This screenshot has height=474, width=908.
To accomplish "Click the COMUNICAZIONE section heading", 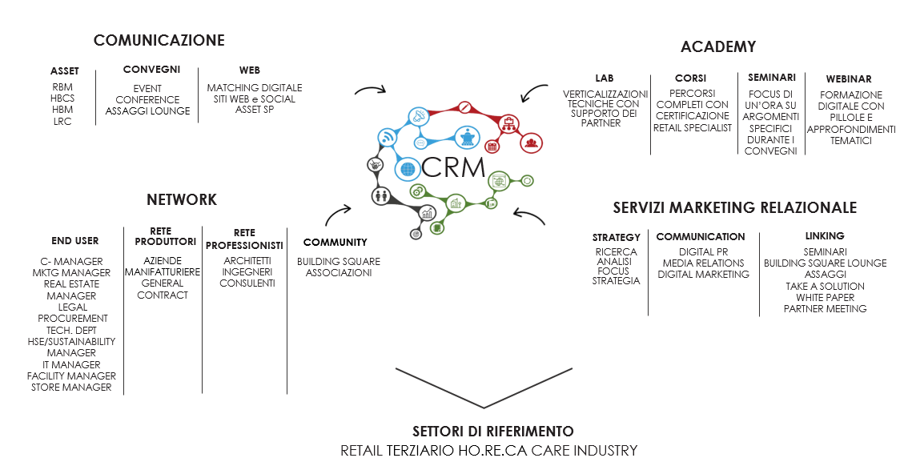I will (x=159, y=41).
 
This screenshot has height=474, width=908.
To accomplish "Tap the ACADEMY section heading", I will (x=717, y=47).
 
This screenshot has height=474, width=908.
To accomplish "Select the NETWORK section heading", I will (x=182, y=200).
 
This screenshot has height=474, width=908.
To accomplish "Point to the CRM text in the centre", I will (x=454, y=168).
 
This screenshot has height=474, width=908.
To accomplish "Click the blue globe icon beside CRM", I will (x=408, y=170).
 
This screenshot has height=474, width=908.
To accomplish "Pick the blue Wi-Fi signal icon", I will (x=388, y=138).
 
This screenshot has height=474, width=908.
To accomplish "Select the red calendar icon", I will (x=492, y=147).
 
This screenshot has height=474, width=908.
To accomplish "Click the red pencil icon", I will (x=464, y=107).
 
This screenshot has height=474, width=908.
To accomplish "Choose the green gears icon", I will (x=416, y=192).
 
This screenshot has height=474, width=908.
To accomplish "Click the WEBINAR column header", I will (x=849, y=79).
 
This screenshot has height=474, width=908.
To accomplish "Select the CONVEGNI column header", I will (x=151, y=70).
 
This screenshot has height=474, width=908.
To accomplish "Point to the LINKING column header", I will (x=825, y=236).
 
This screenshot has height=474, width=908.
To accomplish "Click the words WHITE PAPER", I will (x=825, y=297).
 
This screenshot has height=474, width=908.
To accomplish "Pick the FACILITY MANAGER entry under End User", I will (x=71, y=376).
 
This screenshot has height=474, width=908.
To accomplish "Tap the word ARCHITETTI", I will (x=247, y=260).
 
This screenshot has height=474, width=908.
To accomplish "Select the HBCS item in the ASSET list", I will (x=62, y=98).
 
